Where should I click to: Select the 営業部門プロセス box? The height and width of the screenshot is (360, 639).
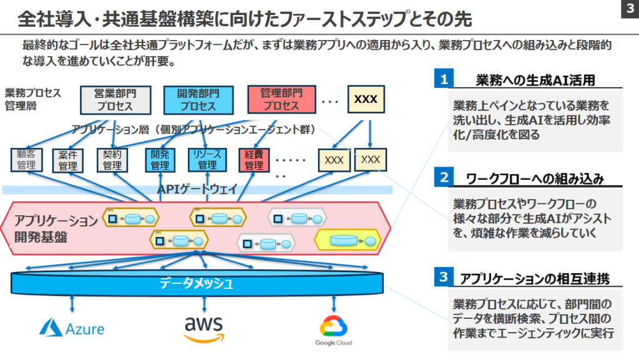click(x=115, y=100)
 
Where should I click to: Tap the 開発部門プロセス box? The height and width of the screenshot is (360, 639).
click(x=198, y=100)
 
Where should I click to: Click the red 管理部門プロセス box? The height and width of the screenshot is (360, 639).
click(x=281, y=100)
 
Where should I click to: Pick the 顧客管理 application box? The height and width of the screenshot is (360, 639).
click(x=26, y=160)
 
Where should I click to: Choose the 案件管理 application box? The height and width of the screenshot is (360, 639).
click(x=68, y=160)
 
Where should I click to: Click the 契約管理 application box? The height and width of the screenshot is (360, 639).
click(x=112, y=160)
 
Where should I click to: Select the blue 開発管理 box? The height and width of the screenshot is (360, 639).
click(x=160, y=160)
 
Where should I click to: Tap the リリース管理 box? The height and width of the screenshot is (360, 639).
click(x=207, y=160)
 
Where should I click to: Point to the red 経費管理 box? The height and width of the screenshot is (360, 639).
click(x=254, y=160)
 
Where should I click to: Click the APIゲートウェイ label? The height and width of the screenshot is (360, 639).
click(x=197, y=190)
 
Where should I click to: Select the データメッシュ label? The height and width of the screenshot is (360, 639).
click(x=197, y=285)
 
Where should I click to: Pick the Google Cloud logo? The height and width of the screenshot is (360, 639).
click(x=332, y=331)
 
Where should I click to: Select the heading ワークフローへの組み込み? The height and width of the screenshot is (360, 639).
click(x=535, y=179)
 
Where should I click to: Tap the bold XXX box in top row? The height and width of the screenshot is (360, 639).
click(x=366, y=99)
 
